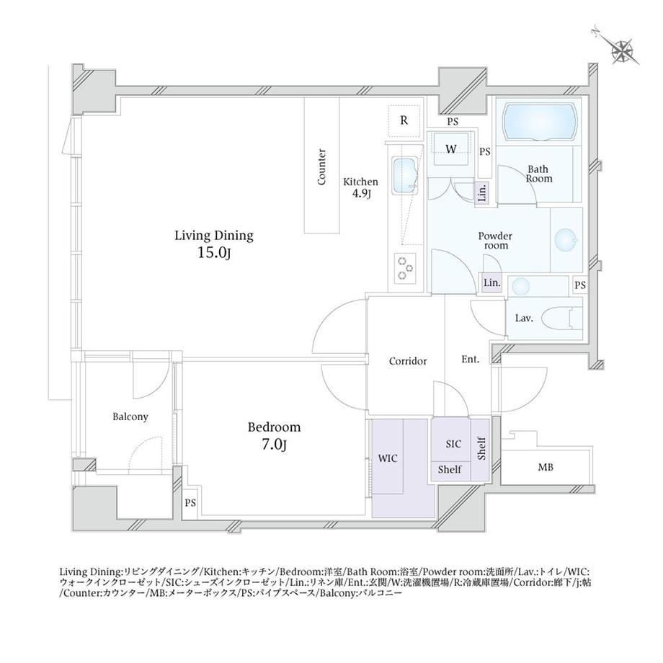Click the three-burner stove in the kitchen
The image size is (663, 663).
405,268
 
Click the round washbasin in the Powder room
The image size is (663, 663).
566,239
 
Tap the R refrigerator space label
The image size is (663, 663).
404,120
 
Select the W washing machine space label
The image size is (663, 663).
450,150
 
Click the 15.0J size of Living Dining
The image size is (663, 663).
213,252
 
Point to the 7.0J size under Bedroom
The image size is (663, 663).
274,445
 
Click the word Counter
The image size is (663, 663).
322,167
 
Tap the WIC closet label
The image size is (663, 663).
387,458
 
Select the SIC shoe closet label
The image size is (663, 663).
453,444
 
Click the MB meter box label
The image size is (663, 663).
546,468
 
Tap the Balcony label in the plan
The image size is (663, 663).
130,417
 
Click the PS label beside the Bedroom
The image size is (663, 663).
190,502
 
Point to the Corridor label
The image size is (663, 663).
408,361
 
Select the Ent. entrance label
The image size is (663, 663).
470,360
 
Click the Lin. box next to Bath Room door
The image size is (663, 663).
482,192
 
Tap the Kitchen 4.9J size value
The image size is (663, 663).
361,194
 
